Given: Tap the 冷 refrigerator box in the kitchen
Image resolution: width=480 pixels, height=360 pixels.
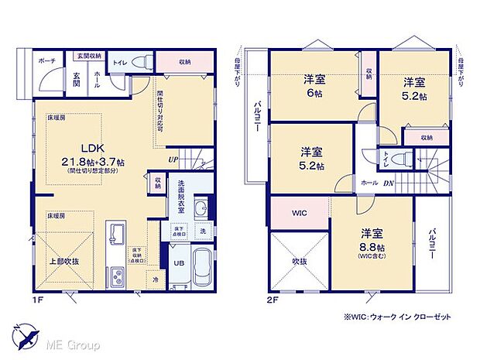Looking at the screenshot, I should [x=155, y=280].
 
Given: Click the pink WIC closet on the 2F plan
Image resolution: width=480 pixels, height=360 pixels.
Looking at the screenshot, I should [x=299, y=211].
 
